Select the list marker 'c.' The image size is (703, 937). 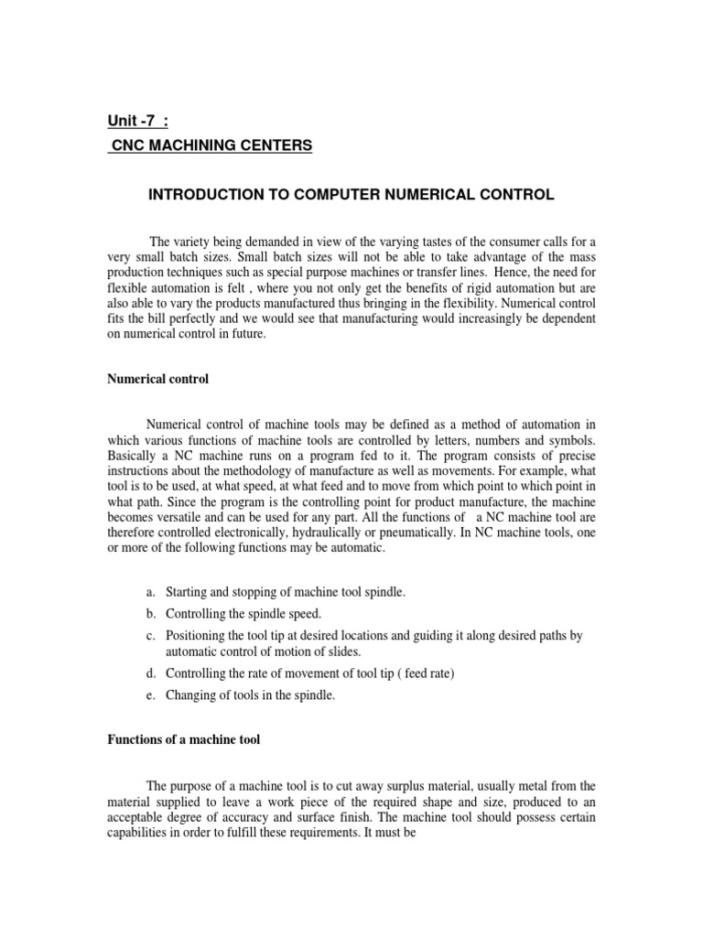pos(151,635)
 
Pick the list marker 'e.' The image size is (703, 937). pos(151,695)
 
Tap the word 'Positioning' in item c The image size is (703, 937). pos(196,635)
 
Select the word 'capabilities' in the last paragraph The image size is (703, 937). pos(137,833)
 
